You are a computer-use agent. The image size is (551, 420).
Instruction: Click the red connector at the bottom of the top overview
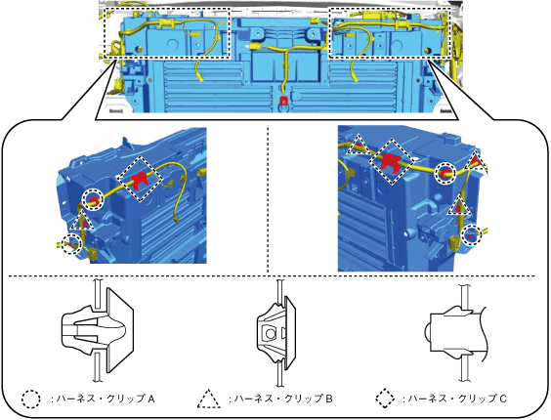click(283, 102)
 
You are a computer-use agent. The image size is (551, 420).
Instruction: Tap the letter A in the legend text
click(151, 399)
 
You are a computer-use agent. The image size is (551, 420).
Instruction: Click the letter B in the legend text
click(328, 399)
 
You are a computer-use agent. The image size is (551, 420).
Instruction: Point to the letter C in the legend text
click(503, 399)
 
